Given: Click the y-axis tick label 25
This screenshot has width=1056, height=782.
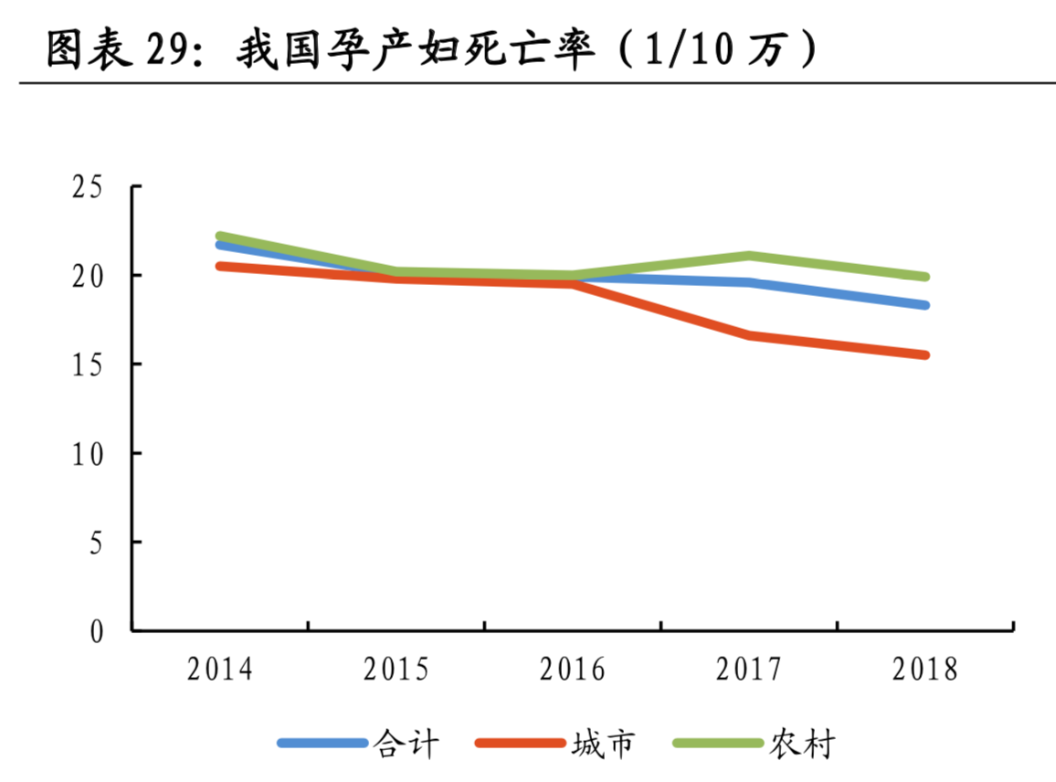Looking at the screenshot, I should [x=89, y=187].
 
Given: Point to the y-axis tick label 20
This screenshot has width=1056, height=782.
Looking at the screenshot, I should [x=89, y=276].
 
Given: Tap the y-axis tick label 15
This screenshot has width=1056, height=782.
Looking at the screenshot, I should [x=89, y=365].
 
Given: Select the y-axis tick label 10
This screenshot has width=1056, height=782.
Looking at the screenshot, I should [x=89, y=453].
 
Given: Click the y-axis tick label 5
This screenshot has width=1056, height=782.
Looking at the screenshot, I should [x=96, y=542].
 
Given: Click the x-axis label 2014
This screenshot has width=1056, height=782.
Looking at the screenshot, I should [x=220, y=670].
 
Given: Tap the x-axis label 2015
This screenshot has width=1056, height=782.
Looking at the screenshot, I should [x=396, y=670].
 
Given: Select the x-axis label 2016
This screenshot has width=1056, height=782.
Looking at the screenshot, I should [x=573, y=670].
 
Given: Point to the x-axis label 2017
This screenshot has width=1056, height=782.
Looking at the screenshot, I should [x=749, y=670].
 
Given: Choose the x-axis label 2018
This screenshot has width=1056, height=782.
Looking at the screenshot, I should [x=925, y=670].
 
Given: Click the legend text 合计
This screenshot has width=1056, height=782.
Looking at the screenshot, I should [x=407, y=744].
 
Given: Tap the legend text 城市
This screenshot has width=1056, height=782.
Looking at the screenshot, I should [x=603, y=744].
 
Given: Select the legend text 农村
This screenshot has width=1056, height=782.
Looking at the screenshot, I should [x=802, y=744].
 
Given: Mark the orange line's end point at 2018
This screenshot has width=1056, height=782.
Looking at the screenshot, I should [x=924, y=354].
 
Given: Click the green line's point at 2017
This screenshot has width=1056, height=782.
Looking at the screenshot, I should [x=749, y=256].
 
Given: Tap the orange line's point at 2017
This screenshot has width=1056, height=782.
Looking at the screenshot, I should [x=749, y=336].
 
